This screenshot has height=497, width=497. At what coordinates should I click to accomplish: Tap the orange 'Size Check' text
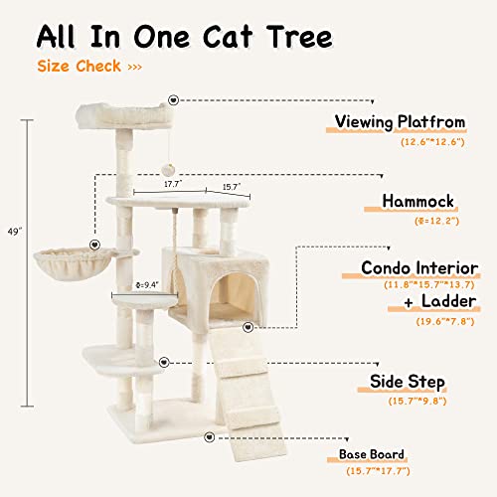(80, 67)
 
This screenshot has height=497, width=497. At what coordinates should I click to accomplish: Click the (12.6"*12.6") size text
(433, 143)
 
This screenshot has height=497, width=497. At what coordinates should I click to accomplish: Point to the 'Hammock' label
(417, 202)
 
